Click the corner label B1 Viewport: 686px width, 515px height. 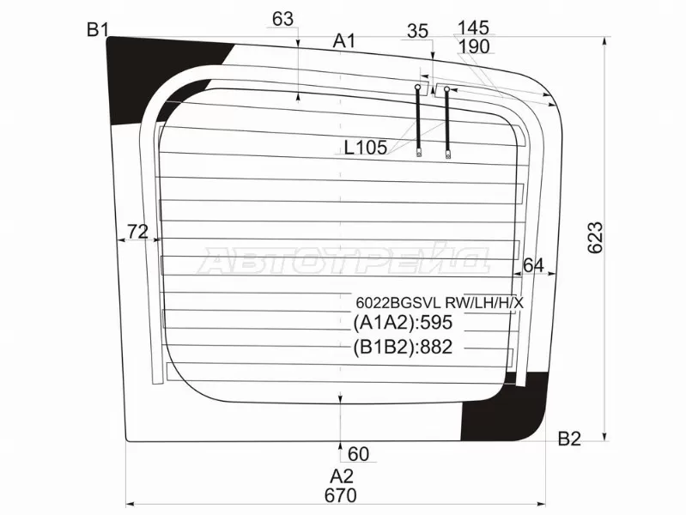tap(97, 30)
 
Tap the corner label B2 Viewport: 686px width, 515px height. tap(569, 439)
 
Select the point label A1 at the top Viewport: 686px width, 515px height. tap(344, 41)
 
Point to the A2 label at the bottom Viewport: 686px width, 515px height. tap(341, 476)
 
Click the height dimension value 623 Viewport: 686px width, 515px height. tap(596, 238)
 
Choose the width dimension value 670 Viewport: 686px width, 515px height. tap(341, 495)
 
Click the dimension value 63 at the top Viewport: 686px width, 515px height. tap(282, 19)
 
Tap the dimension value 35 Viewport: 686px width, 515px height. tap(418, 32)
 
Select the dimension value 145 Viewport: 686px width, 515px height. tap(473, 28)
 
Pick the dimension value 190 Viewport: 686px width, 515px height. tap(475, 47)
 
